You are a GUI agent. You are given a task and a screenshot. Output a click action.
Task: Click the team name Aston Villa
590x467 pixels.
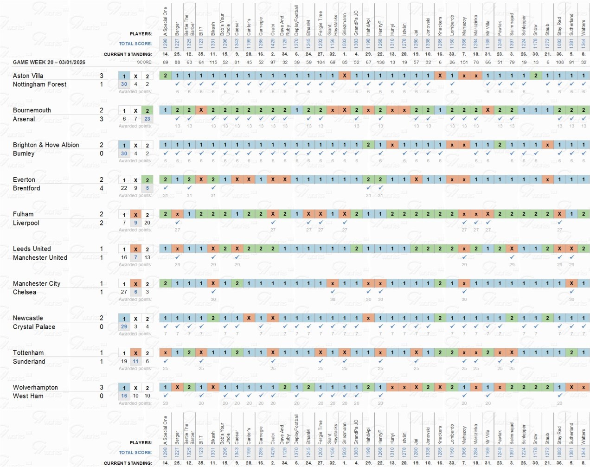(x=28, y=76)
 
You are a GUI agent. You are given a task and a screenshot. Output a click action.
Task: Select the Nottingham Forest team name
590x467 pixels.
(x=39, y=84)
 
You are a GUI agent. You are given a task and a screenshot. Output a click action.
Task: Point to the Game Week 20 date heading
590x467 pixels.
(x=49, y=62)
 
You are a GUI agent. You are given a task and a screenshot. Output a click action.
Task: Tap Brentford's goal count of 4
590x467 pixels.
(x=102, y=188)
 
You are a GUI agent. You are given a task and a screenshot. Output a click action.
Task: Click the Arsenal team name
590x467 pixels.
(x=24, y=119)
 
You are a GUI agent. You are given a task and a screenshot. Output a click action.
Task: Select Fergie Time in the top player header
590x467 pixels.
(x=321, y=23)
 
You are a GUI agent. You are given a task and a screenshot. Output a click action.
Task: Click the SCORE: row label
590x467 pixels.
(x=144, y=62)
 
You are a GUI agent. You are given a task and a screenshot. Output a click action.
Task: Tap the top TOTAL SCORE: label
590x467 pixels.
(x=135, y=44)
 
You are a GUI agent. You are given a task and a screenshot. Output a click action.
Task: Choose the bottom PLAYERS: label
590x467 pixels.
(x=141, y=443)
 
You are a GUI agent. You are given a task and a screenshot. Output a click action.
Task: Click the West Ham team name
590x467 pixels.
(x=28, y=396)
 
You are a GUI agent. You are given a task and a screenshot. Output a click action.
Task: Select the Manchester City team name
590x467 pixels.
(x=37, y=283)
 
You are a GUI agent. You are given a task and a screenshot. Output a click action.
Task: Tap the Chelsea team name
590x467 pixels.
(x=25, y=292)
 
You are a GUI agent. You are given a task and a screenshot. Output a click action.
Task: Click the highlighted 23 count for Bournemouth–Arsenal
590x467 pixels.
(x=147, y=119)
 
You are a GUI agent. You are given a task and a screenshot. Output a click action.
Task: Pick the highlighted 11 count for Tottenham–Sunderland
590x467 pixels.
(x=135, y=361)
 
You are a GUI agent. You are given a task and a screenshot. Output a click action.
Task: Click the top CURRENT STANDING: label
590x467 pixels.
(x=128, y=54)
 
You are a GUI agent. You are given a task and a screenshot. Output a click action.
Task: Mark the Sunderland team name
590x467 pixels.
(x=29, y=362)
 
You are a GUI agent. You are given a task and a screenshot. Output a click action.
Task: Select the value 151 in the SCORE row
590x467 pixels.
(x=464, y=62)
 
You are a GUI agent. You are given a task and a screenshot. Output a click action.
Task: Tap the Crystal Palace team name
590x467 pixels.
(x=34, y=327)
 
